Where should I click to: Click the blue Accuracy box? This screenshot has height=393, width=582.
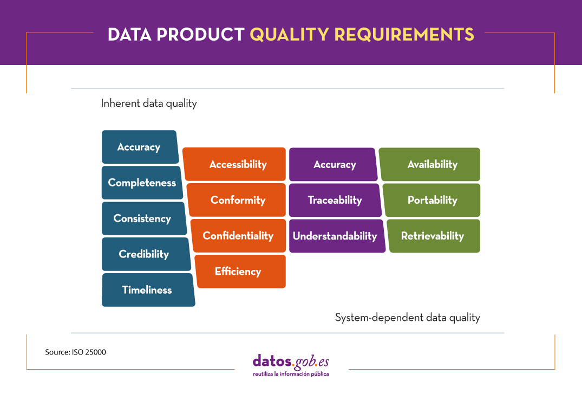(139, 147)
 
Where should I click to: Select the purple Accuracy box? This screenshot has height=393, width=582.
(334, 164)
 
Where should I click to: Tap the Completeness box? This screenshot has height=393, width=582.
(142, 183)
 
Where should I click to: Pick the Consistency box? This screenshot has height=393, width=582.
(142, 218)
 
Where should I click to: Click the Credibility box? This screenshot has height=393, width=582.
(144, 254)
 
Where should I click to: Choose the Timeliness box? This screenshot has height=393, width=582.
(147, 290)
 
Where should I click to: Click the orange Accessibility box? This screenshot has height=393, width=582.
(237, 164)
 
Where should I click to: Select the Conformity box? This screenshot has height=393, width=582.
(238, 200)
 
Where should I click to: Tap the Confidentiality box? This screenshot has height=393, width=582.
(238, 236)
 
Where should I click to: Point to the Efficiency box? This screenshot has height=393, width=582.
(238, 272)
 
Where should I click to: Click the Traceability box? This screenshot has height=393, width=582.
(334, 200)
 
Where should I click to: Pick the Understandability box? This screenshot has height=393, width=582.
(335, 236)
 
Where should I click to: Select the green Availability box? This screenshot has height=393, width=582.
(431, 164)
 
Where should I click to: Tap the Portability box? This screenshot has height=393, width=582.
(432, 200)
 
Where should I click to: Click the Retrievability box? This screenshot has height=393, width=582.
(432, 236)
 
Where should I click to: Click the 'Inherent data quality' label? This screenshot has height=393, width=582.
(149, 103)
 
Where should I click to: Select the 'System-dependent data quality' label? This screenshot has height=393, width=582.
(407, 318)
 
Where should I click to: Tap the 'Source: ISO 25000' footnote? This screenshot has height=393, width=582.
(75, 352)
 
